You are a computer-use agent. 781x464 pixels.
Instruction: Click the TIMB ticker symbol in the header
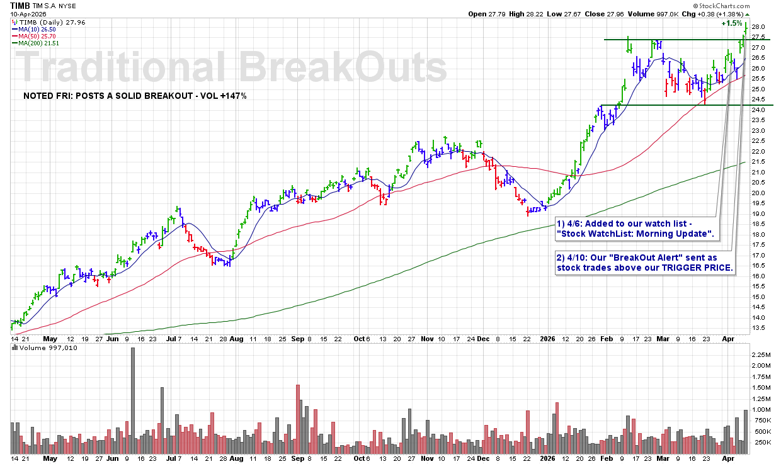coord(20,5)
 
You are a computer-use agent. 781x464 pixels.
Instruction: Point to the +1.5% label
coord(732,23)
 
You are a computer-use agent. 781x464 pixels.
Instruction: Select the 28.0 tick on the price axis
coord(759,27)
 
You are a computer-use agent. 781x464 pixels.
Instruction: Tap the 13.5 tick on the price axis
coord(759,328)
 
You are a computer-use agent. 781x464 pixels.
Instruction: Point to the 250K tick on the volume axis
coord(761,443)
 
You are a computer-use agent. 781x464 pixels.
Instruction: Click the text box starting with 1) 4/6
coord(636,229)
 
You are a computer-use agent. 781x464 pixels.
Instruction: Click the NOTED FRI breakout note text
coord(134,96)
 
